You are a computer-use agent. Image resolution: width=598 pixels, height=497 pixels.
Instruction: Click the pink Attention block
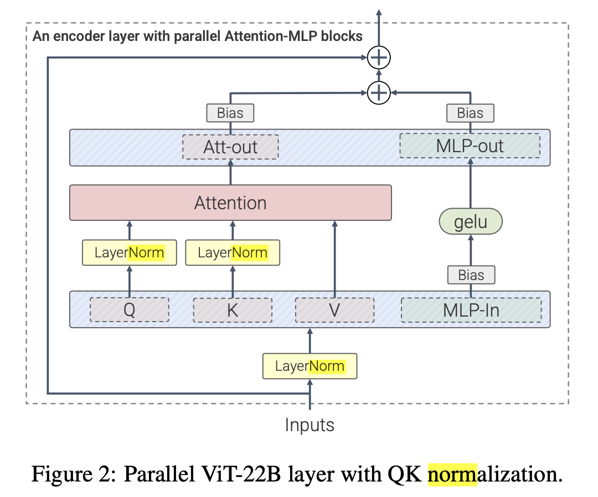click(x=230, y=203)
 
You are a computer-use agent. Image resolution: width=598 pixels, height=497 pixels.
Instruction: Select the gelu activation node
click(x=471, y=221)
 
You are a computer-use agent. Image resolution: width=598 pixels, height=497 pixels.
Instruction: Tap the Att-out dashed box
click(x=230, y=147)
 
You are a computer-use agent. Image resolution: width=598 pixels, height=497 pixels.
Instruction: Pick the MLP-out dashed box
click(x=470, y=146)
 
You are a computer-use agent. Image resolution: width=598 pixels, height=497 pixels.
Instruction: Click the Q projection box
click(x=129, y=310)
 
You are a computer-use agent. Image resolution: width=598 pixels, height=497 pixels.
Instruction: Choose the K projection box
click(x=233, y=310)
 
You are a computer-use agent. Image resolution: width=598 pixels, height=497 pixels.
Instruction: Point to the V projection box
click(x=334, y=310)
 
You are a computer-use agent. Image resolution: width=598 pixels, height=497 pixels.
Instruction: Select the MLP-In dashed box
click(x=471, y=310)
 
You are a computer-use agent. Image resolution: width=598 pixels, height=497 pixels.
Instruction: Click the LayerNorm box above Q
click(x=129, y=252)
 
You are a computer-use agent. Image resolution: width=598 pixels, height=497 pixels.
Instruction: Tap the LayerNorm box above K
click(x=233, y=252)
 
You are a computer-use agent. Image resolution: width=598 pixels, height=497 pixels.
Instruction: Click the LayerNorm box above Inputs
click(x=310, y=366)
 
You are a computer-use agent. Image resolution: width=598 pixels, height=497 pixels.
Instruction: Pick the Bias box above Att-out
click(x=230, y=113)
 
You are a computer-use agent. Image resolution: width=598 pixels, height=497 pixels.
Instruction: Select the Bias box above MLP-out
click(x=470, y=113)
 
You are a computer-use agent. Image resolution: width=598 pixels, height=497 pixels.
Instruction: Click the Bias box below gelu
click(x=471, y=275)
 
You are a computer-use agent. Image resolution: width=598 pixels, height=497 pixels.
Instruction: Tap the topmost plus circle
click(x=379, y=58)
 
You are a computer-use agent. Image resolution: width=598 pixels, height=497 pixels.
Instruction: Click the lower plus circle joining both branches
click(x=379, y=92)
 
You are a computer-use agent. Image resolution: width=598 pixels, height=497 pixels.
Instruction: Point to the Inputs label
click(x=310, y=424)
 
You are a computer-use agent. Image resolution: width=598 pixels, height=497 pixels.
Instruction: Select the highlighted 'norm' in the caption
click(x=452, y=474)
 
